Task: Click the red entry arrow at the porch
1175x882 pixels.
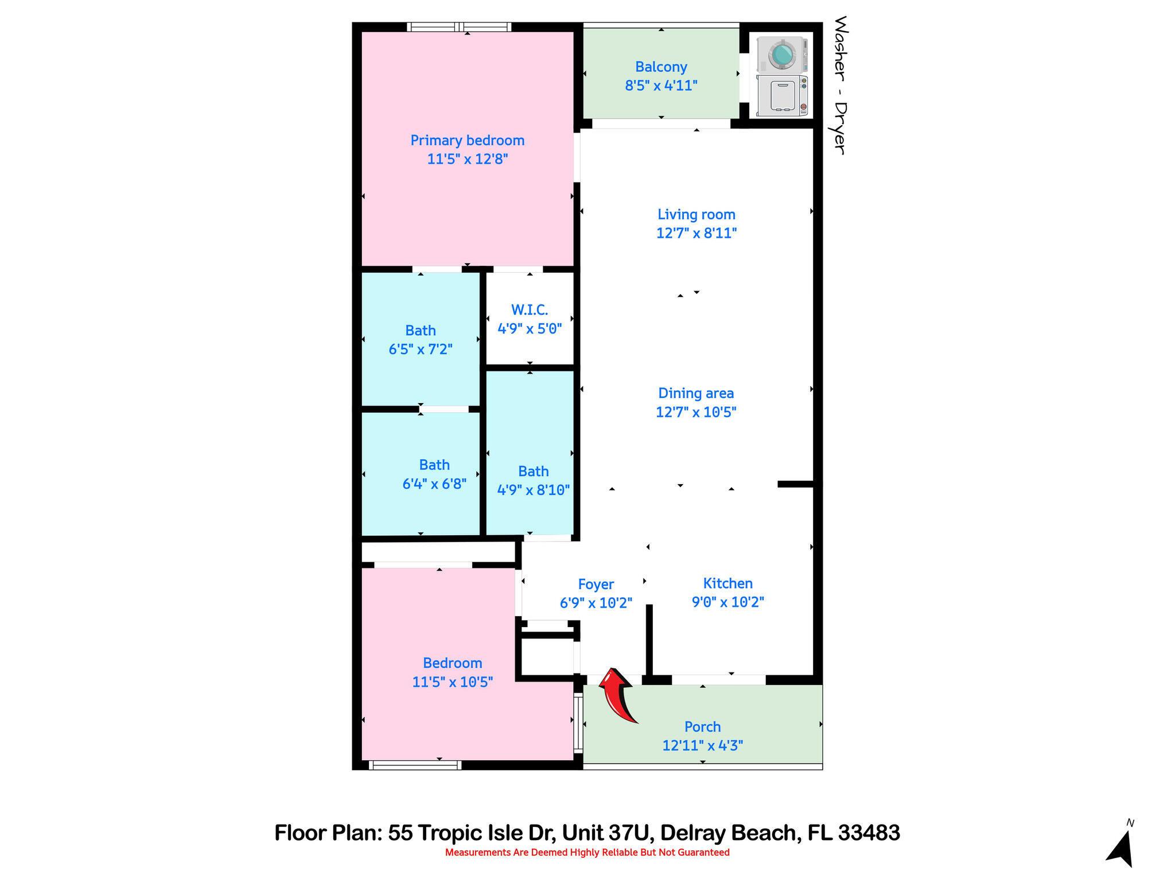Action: pos(617,695)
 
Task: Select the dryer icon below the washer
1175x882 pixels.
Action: pos(781,95)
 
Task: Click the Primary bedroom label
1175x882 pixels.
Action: pos(467,141)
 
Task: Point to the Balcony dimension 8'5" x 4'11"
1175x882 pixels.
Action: pos(661,86)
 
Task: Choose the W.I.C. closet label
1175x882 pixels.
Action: pos(529,310)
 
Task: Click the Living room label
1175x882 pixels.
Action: pos(696,215)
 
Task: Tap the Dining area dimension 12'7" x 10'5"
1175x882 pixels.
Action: pos(696,412)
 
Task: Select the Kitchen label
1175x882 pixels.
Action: pos(727,583)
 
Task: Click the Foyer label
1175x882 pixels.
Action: pos(596,585)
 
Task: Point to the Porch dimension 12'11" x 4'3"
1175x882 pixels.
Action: pos(702,746)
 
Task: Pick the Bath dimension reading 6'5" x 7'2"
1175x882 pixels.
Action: pos(421,349)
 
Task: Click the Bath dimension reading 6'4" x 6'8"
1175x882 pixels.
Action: pos(434,484)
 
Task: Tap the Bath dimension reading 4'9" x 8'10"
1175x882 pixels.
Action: pos(533,490)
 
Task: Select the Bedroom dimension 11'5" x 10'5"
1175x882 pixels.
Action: pos(452,682)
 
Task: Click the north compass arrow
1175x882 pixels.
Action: pos(1121,849)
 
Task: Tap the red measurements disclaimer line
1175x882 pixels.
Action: pos(587,853)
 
